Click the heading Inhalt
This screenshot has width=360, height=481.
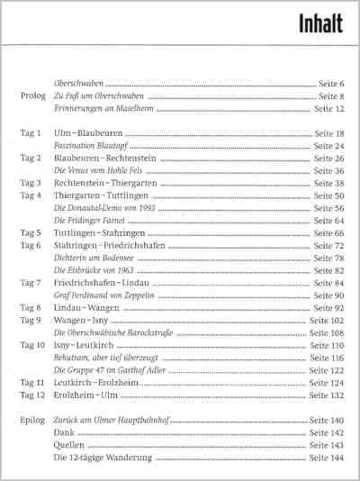[320, 23]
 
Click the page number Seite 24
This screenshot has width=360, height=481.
[328, 146]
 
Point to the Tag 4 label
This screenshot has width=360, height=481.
[31, 195]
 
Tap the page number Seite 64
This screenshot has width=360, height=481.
[328, 221]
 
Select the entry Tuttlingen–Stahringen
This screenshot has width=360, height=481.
[99, 233]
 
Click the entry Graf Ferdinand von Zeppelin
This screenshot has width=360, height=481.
[104, 295]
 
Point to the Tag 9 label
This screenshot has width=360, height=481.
[31, 321]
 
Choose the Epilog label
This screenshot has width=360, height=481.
[32, 421]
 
